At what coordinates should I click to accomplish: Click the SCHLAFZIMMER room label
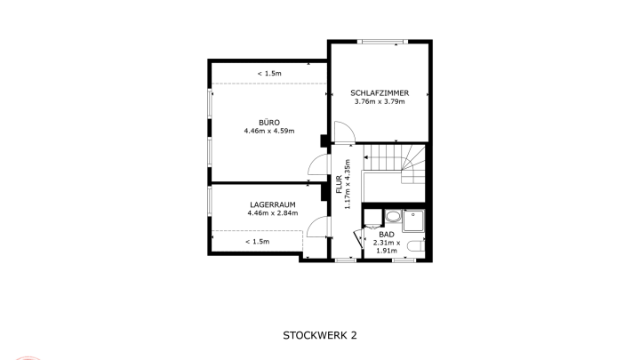[380, 93]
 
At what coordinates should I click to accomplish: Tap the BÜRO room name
[269, 123]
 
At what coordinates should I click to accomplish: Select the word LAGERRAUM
[273, 205]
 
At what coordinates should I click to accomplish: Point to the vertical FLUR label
[339, 184]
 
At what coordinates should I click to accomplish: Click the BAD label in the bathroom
[387, 235]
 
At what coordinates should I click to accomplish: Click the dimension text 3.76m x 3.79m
[380, 101]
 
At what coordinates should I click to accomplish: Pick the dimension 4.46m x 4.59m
[269, 131]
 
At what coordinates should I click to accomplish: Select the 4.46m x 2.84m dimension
[273, 213]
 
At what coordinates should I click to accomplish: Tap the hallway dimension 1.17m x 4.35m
[348, 184]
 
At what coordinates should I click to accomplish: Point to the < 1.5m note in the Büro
[269, 74]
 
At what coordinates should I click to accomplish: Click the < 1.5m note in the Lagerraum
[258, 242]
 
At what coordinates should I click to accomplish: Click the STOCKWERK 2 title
[320, 335]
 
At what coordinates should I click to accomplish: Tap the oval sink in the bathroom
[393, 217]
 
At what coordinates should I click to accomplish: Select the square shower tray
[413, 220]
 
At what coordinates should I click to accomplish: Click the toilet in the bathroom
[417, 246]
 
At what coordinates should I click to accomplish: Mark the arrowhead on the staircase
[366, 157]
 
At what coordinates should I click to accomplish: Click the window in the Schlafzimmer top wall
[382, 41]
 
